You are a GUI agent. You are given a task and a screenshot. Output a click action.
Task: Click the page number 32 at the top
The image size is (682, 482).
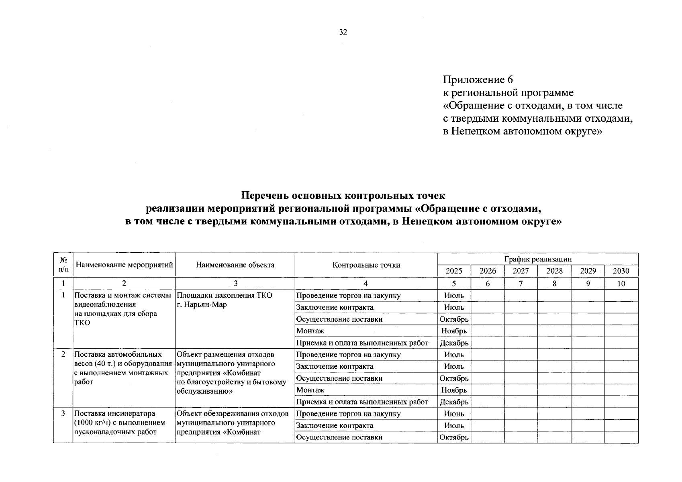(343, 33)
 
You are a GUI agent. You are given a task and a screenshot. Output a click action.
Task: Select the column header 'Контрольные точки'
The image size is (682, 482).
(366, 265)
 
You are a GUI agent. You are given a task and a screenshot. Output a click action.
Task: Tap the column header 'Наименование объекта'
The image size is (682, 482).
(235, 265)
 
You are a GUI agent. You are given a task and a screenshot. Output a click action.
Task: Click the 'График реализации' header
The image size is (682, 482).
(537, 259)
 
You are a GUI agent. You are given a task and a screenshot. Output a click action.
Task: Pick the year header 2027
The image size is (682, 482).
(521, 271)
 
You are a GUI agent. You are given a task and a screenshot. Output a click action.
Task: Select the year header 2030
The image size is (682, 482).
(621, 271)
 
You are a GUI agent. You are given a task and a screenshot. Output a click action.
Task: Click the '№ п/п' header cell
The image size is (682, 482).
(63, 265)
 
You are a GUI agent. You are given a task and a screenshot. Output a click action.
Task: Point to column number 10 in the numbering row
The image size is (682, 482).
(621, 284)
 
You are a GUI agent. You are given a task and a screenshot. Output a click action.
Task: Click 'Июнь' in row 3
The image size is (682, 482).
(454, 414)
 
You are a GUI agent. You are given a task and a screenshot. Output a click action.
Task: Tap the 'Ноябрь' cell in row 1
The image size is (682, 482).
(454, 331)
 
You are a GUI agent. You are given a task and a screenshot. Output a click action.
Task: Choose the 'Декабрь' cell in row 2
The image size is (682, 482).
(454, 402)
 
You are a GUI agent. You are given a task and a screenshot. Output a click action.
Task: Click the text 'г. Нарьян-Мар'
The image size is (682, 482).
(202, 304)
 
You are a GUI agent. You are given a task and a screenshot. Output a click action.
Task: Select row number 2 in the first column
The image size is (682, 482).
(63, 355)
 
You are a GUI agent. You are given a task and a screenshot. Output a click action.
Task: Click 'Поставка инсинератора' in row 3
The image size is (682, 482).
(114, 414)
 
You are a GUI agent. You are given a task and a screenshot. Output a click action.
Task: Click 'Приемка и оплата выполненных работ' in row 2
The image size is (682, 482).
(362, 402)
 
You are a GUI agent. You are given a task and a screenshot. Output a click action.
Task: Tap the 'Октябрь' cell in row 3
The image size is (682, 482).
(454, 437)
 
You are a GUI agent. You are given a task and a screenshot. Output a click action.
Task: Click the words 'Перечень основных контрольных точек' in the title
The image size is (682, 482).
(343, 196)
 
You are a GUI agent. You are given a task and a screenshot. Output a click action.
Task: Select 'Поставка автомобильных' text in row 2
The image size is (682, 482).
(118, 355)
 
